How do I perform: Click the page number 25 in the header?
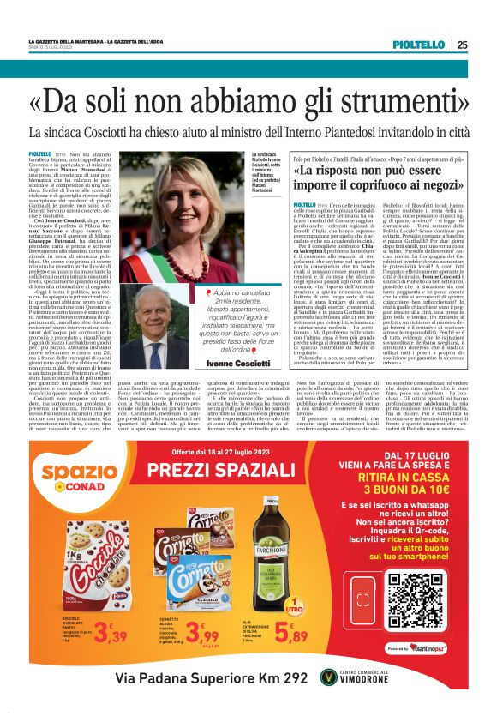462,45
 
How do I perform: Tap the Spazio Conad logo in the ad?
80,477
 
